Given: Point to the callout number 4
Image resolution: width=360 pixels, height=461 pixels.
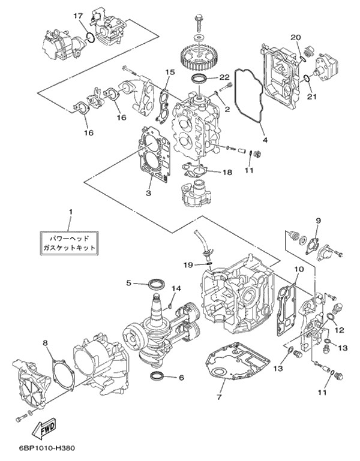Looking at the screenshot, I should [264, 141].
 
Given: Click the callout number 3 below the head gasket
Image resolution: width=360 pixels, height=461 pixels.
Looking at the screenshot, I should [147, 193].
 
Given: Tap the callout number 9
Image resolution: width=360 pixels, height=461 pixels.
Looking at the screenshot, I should [318, 221].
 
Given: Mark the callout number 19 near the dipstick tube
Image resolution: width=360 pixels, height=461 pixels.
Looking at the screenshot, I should [188, 264].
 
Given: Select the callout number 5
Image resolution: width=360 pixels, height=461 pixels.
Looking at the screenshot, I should [128, 282].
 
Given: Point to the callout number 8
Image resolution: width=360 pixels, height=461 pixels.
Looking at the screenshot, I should [46, 343].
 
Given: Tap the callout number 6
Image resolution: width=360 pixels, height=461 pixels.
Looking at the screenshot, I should [181, 378].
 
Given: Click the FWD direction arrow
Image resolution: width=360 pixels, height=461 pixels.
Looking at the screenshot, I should [46, 429].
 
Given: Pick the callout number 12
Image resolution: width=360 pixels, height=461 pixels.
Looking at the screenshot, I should [339, 329].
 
